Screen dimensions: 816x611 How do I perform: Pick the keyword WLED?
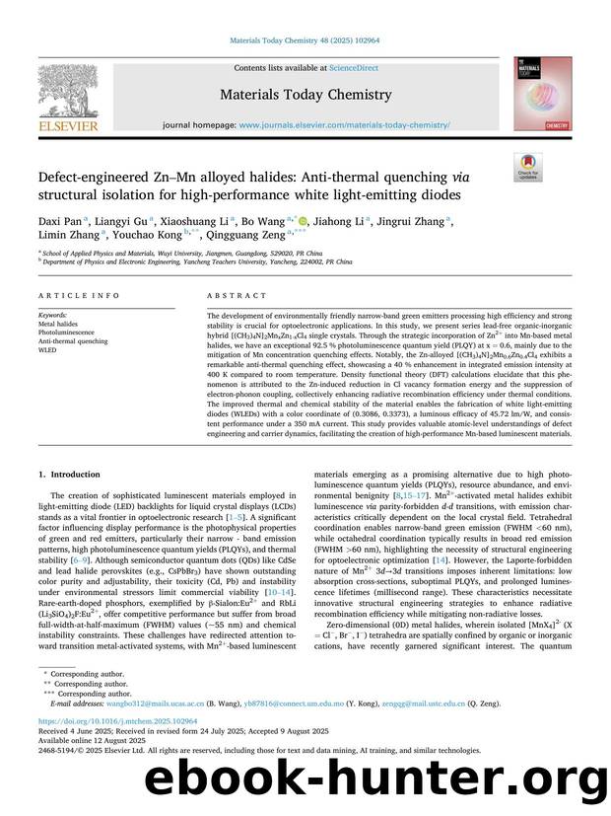pos(48,350)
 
